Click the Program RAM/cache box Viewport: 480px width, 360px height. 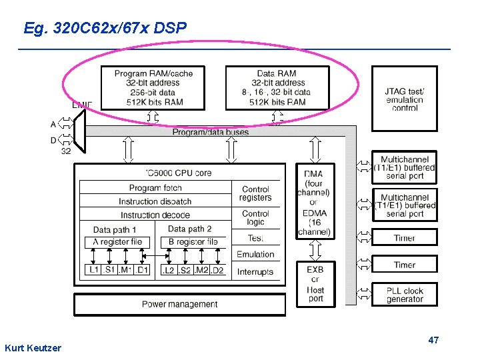point(153,87)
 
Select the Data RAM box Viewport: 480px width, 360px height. point(277,87)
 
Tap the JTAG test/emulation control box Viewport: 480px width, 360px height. point(405,99)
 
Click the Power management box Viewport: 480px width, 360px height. point(179,305)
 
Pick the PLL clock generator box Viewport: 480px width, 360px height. point(405,295)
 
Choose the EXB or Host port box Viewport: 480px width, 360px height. point(315,284)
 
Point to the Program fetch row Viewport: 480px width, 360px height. point(155,188)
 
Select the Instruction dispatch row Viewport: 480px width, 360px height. point(155,201)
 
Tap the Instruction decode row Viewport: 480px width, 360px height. point(155,215)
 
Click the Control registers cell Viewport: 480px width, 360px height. point(255,193)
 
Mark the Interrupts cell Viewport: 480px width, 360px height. point(255,271)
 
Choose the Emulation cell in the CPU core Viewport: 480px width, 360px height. point(255,254)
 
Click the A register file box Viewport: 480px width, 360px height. point(118,241)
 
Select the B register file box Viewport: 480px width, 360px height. point(193,241)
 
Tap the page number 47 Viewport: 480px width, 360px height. point(433,340)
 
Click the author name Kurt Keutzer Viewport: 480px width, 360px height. point(33,348)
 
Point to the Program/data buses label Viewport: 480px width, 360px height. point(211,132)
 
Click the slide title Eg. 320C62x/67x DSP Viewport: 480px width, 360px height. point(105,28)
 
